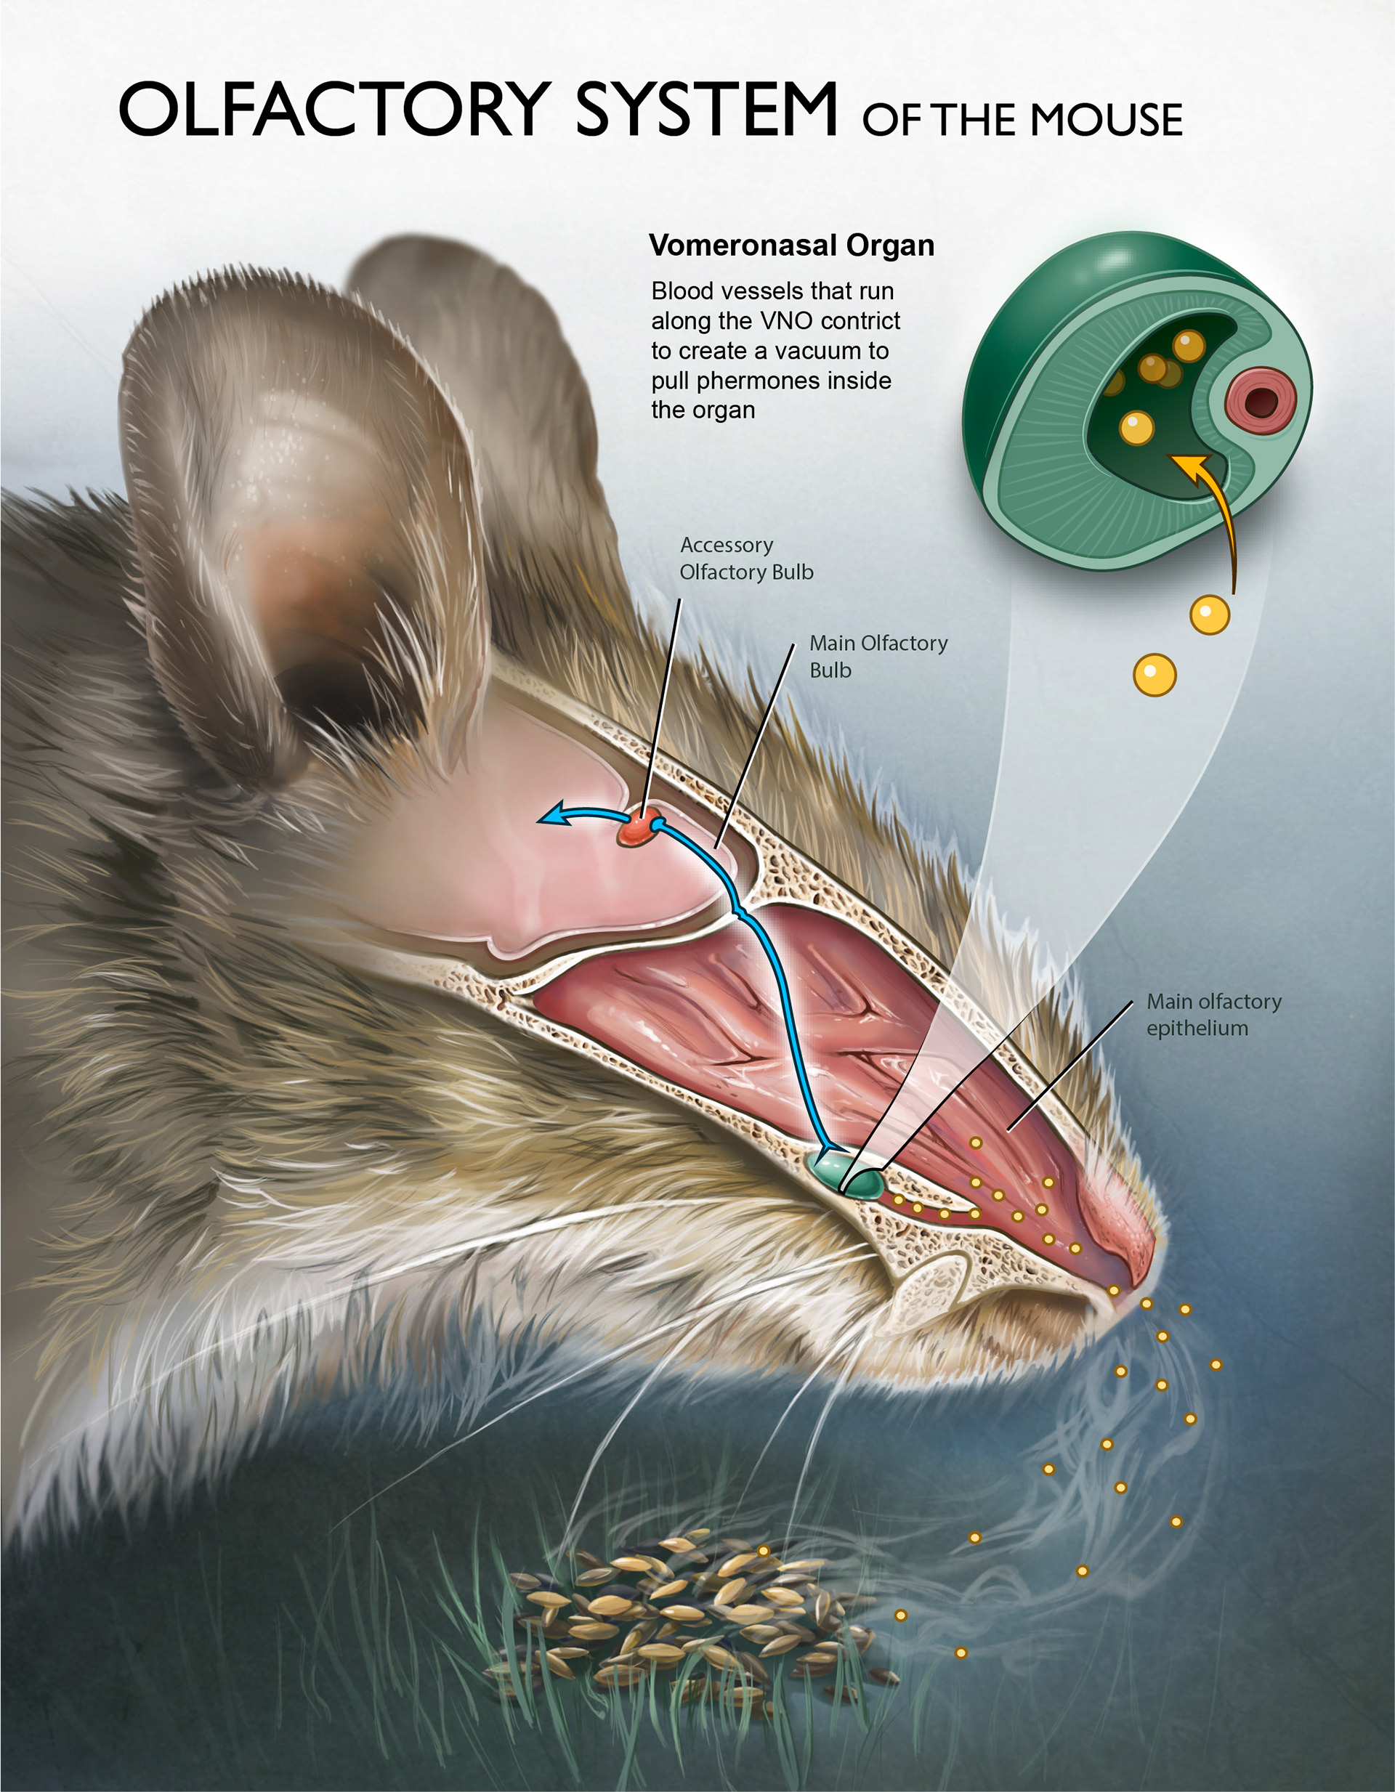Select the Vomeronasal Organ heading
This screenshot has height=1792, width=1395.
(791, 246)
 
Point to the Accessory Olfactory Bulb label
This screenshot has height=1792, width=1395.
(745, 559)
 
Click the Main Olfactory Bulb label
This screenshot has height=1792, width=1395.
(877, 657)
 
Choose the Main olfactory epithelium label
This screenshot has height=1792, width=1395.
(1213, 1014)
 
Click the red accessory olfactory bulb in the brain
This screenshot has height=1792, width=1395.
(640, 827)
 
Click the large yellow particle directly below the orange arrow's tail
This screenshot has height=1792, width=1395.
(1209, 615)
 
